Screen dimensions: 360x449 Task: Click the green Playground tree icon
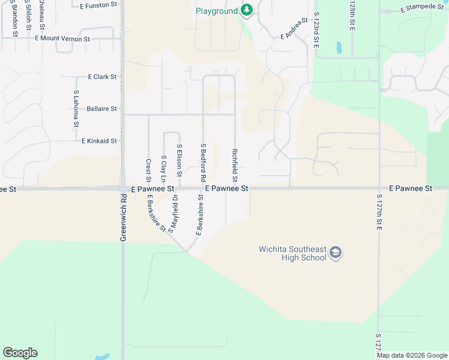click(x=246, y=10)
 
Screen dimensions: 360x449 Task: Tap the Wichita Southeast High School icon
click(x=336, y=253)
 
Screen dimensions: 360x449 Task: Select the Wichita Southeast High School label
click(x=292, y=253)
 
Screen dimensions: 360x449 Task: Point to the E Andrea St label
click(x=294, y=28)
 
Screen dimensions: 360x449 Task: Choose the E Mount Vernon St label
click(x=62, y=39)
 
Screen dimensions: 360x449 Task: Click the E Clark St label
click(x=102, y=77)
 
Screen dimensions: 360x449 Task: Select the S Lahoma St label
click(x=76, y=109)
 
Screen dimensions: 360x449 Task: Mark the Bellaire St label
click(x=101, y=109)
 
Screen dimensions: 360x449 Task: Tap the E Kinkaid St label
click(x=99, y=140)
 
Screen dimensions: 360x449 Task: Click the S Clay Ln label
click(x=163, y=169)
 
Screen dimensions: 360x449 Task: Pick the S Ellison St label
click(x=179, y=160)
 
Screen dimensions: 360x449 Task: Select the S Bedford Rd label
click(x=203, y=162)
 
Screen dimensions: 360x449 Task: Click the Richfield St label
click(x=235, y=166)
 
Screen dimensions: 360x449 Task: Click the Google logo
click(x=20, y=353)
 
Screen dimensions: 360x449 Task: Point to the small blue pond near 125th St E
click(x=339, y=47)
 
